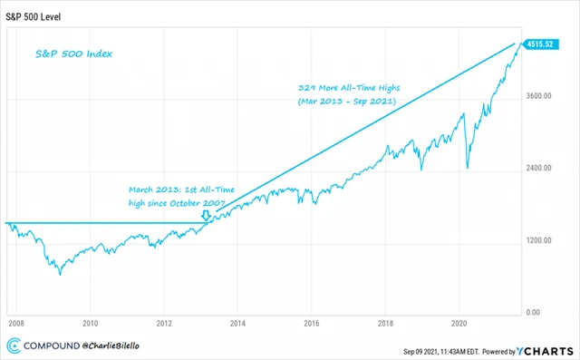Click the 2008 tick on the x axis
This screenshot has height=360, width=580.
tap(16, 323)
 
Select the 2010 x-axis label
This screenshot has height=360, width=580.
tap(90, 323)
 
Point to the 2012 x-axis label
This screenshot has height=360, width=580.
tap(164, 323)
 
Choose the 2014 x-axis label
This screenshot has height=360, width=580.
tap(238, 323)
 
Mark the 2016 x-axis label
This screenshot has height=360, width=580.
tap(312, 323)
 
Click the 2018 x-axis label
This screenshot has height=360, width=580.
tap(386, 323)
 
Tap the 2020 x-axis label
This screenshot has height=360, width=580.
tap(459, 323)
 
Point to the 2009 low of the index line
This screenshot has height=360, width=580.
tap(60, 273)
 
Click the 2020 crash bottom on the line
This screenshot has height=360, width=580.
tap(468, 167)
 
